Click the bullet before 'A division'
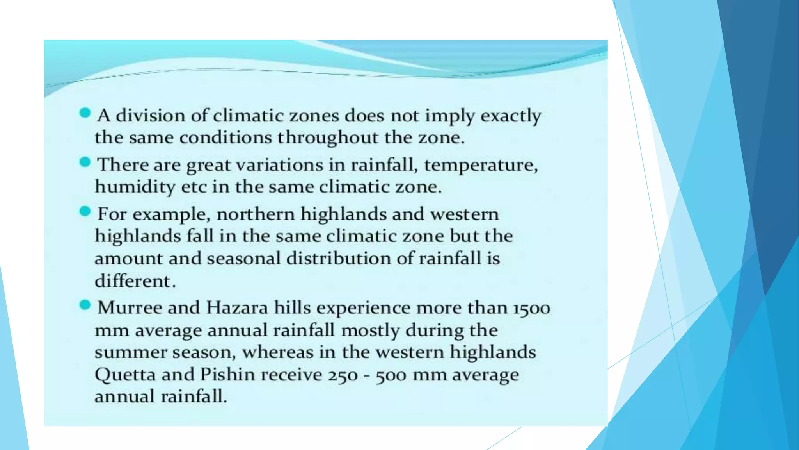click(85, 113)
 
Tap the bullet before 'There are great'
click(85, 162)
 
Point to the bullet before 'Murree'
click(85, 305)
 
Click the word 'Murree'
click(130, 307)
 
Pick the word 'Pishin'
click(227, 375)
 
